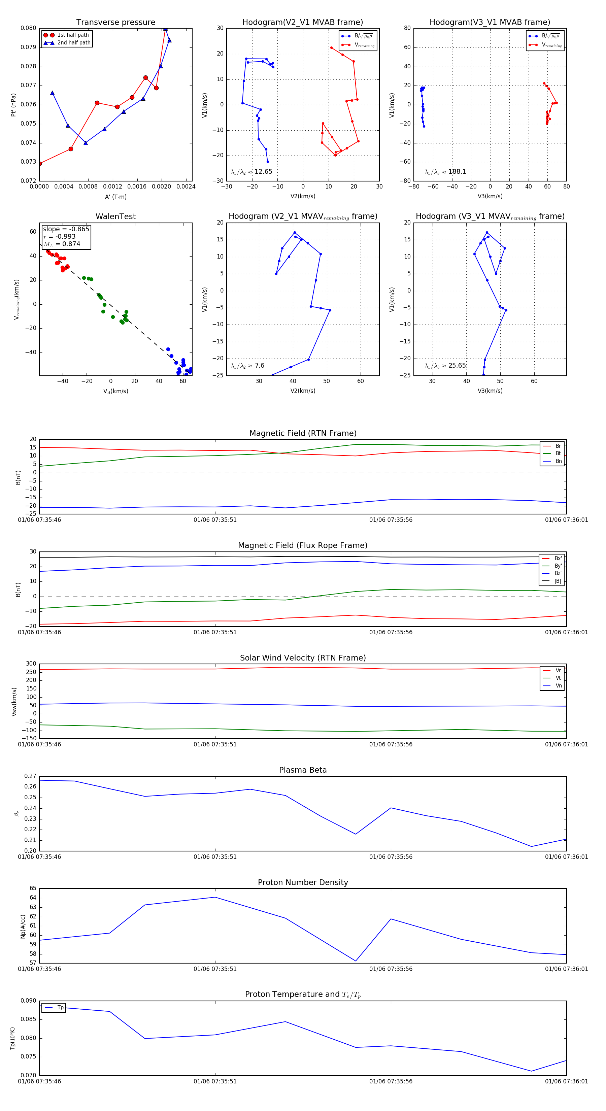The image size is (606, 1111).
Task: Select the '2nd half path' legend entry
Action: pyautogui.click(x=74, y=43)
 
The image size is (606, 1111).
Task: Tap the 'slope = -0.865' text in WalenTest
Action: pyautogui.click(x=66, y=229)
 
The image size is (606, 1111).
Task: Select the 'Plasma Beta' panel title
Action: pyautogui.click(x=303, y=770)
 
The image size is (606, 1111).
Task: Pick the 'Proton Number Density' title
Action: pyautogui.click(x=303, y=882)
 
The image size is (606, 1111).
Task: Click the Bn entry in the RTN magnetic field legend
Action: pyautogui.click(x=558, y=461)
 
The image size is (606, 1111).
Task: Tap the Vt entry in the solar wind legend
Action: pyautogui.click(x=558, y=678)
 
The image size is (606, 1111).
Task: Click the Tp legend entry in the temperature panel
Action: pyautogui.click(x=60, y=1008)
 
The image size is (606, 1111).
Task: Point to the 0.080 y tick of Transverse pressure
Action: pyautogui.click(x=29, y=28)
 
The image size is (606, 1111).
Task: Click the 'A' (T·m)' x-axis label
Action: pyautogui.click(x=115, y=197)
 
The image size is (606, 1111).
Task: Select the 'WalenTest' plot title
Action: pyautogui.click(x=115, y=216)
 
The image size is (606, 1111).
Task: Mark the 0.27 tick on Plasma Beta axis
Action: pyautogui.click(x=30, y=776)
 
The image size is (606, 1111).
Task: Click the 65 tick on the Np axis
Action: pyautogui.click(x=33, y=888)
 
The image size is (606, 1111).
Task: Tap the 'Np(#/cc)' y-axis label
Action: pyautogui.click(x=23, y=927)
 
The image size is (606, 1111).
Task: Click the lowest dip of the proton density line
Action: pyautogui.click(x=356, y=961)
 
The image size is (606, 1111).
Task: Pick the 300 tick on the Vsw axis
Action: pyautogui.click(x=31, y=664)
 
